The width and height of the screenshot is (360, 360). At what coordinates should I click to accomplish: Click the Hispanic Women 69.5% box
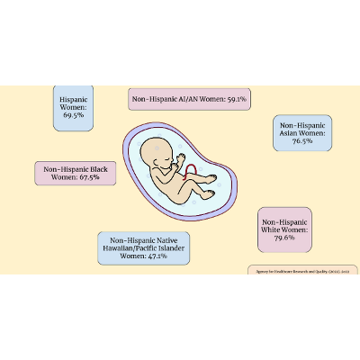tap(72, 107)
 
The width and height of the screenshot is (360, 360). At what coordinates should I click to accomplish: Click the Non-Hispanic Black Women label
tap(77, 174)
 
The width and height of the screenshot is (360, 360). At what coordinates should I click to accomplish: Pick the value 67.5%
tap(95, 178)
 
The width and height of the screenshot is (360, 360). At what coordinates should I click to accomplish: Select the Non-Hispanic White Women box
tap(286, 230)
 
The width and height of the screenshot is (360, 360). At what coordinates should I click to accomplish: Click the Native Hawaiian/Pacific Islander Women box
tap(143, 248)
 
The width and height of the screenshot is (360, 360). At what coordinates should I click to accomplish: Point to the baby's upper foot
tap(214, 179)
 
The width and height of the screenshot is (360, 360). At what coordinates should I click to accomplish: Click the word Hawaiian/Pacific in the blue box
tap(141, 248)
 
